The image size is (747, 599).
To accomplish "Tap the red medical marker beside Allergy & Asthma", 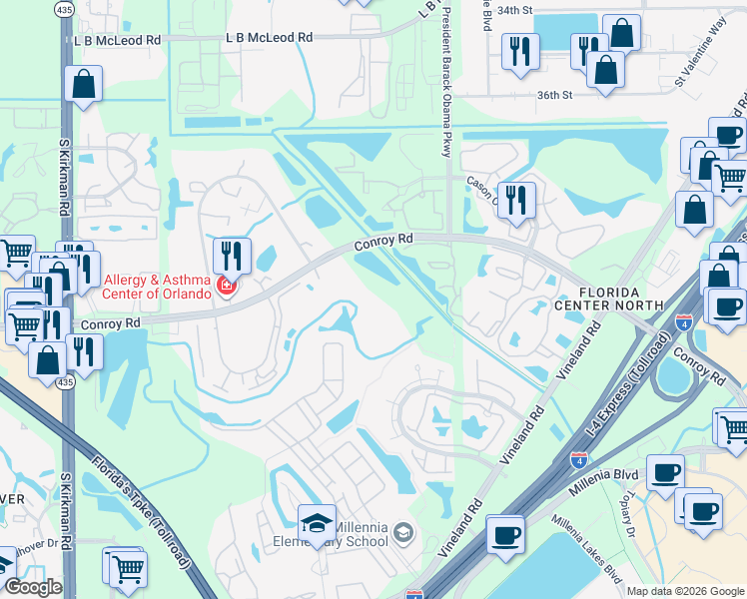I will click(228, 289).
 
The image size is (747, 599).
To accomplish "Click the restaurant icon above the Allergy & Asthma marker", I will click(231, 255).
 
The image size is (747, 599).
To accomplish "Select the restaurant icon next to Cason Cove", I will click(516, 200).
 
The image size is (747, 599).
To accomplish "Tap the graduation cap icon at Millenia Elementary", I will click(317, 523).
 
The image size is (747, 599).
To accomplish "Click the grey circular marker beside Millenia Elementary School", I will click(401, 531).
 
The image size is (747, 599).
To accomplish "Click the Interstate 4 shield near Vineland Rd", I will click(579, 460).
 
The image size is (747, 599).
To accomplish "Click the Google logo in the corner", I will click(33, 587).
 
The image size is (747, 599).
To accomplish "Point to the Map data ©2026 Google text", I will click(684, 591).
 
